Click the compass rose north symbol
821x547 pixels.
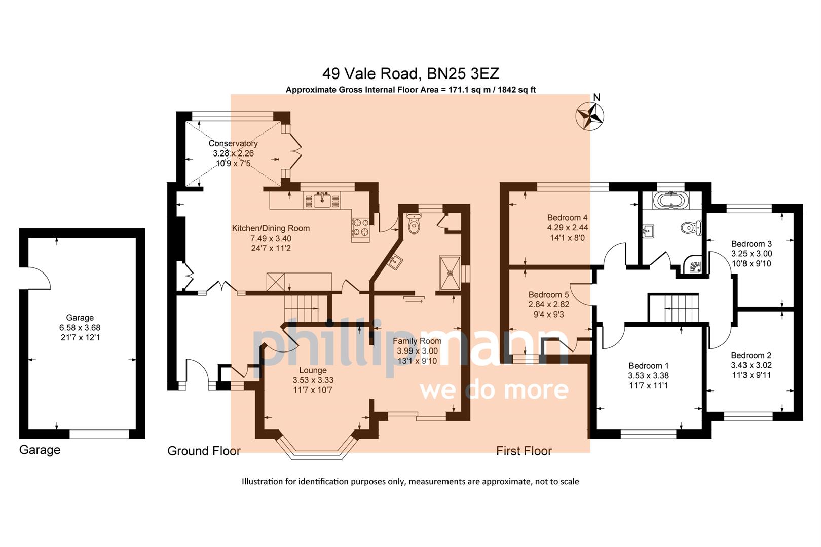coord(590,115)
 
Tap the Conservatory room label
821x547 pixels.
coord(233,143)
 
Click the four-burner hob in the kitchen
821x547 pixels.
coord(360,227)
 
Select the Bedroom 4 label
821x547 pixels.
coord(568,218)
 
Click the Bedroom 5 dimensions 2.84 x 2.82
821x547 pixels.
coord(548,304)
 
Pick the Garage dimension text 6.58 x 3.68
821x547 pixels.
coord(80,328)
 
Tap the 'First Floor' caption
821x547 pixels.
coord(524,451)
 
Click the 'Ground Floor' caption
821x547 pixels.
coord(204,451)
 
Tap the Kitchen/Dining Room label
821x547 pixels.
coord(271,228)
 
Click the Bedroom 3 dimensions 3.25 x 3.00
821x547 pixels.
coord(751,254)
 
